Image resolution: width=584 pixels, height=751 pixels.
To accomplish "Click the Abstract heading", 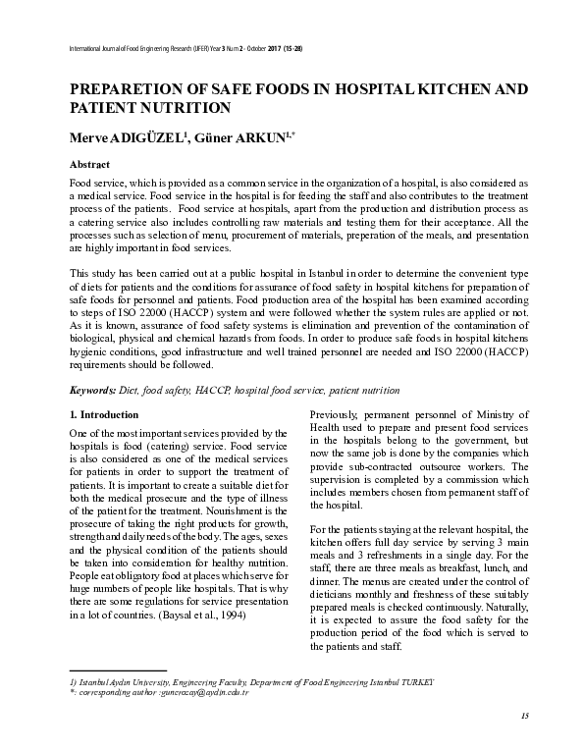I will click(89, 164).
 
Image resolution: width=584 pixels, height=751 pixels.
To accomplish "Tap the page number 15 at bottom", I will click(525, 715).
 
